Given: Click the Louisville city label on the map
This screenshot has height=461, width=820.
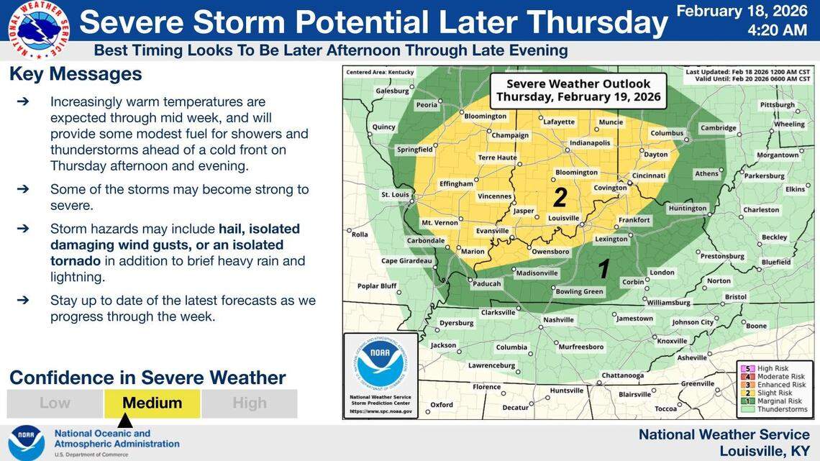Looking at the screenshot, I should pos(563,217).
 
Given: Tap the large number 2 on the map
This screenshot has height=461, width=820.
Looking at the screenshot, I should pos(560,196).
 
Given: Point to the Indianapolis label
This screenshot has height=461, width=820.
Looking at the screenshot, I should pos(590,142).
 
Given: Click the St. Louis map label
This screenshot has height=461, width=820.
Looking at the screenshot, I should pos(395,194).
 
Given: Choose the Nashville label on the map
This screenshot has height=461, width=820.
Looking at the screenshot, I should pos(558,319).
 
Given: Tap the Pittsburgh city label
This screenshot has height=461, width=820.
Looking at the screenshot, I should pos(777,104).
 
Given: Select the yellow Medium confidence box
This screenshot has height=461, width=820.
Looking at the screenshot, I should pos(152,403).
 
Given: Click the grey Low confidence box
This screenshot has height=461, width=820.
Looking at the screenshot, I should pos(55,403).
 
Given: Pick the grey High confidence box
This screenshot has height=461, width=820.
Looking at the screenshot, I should pos(250,403).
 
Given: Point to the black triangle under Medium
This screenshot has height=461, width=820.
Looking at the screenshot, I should pos(125,420).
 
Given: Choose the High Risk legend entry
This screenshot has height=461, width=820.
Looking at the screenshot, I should pos(770,368).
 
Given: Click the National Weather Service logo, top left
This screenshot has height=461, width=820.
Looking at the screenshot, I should pos(39,29).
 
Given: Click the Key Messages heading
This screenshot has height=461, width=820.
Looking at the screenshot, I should pos(76,75).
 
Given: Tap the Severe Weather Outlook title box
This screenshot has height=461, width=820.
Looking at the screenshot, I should pos(578,90).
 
